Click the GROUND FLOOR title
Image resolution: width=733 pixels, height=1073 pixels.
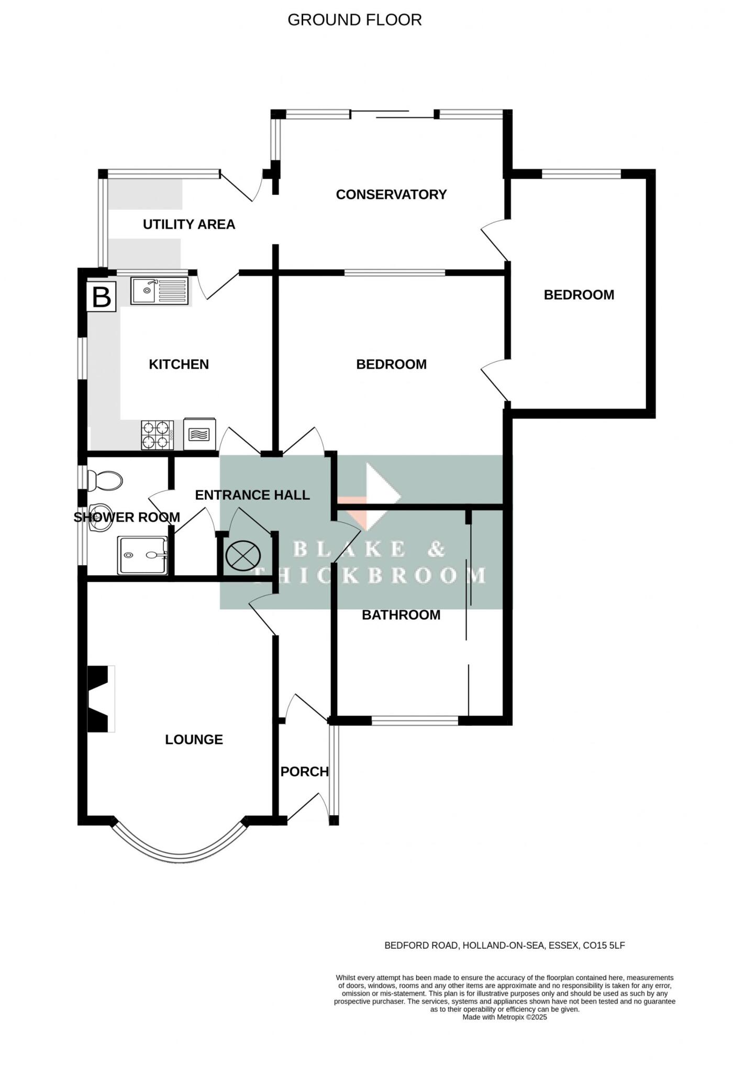tap(354, 20)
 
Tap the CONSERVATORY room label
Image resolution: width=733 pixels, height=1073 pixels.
tap(391, 194)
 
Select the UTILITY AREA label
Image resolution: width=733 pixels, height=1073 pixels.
tap(189, 224)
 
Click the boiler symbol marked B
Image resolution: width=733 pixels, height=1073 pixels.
tap(101, 297)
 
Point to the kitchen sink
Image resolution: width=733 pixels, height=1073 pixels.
tap(159, 290)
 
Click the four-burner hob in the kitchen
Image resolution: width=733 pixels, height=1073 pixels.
tap(157, 435)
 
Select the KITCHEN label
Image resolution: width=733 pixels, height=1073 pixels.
tap(179, 364)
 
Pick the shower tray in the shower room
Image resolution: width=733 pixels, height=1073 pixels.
tap(142, 555)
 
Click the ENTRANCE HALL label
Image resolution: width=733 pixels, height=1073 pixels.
tap(252, 495)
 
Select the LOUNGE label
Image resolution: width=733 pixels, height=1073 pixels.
tap(194, 739)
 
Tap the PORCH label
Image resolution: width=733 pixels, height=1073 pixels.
tap(304, 771)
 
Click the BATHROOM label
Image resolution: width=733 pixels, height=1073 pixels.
tap(401, 615)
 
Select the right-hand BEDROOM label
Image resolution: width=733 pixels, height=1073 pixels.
tap(579, 294)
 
